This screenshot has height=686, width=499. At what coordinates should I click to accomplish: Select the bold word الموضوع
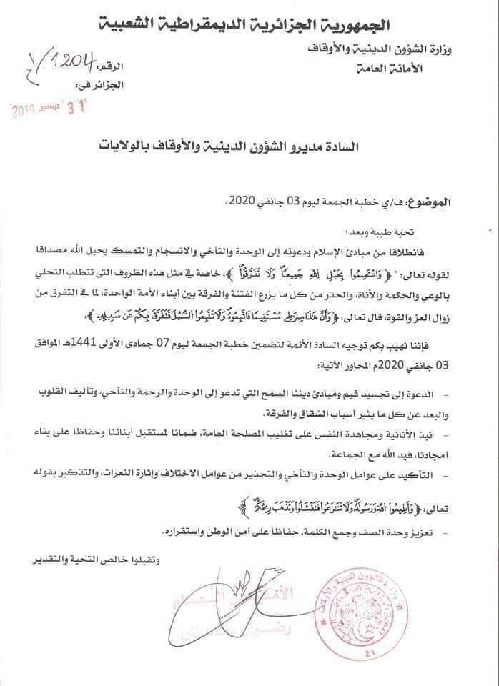tap(430, 202)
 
